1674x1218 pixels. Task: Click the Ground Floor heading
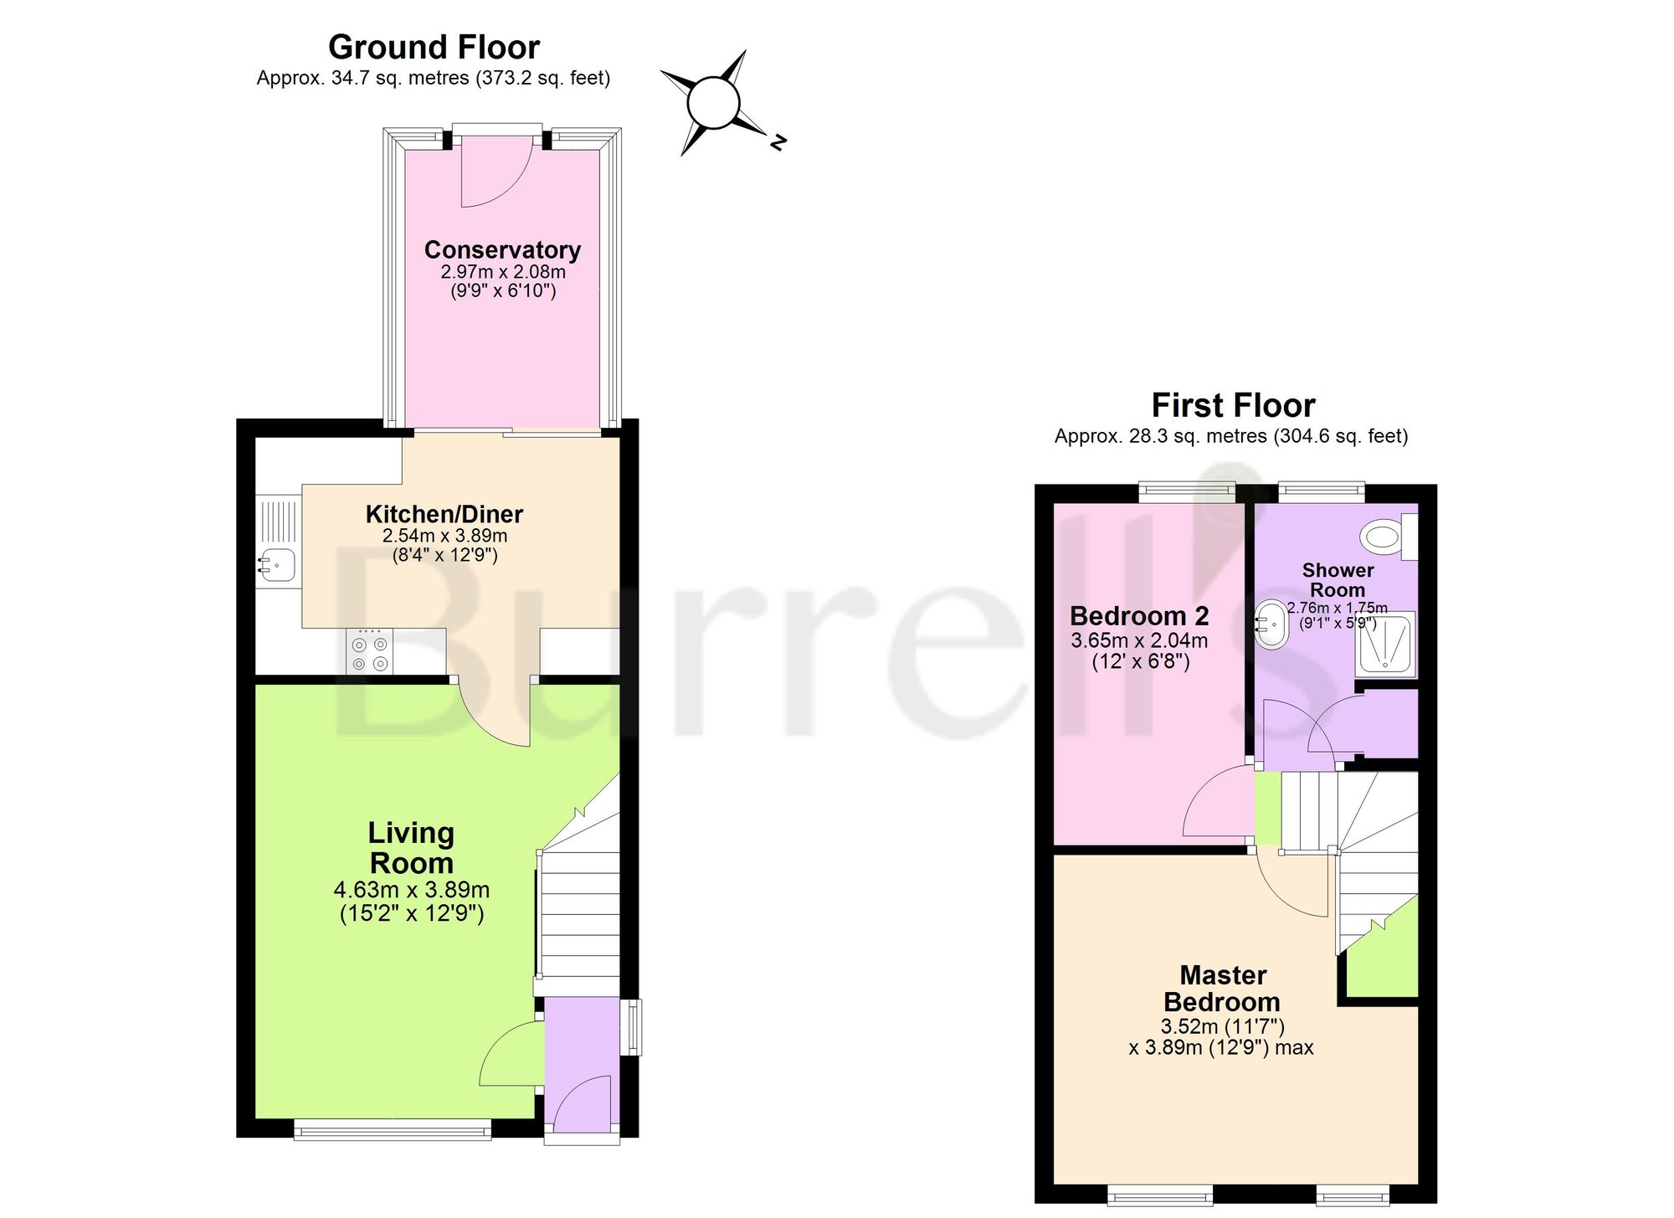point(434,48)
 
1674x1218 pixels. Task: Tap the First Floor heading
point(1233,406)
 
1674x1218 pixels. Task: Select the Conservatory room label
point(502,249)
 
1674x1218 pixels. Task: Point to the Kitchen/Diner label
point(444,514)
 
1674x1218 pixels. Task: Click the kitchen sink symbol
point(277,564)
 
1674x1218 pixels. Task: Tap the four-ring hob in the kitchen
point(370,650)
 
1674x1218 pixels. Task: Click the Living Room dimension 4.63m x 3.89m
point(412,890)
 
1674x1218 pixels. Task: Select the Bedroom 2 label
point(1139,616)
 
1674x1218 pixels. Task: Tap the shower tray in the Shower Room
point(1386,644)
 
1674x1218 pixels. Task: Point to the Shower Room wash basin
point(1271,624)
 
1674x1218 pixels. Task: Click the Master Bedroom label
point(1222,989)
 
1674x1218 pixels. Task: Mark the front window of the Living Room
point(393,1130)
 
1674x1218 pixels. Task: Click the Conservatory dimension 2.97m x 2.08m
point(503,272)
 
